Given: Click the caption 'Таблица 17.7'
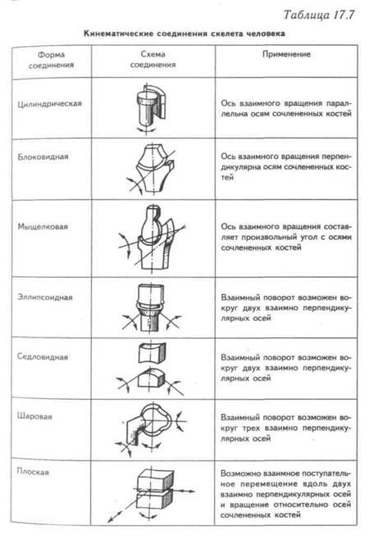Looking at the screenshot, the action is pos(318,15).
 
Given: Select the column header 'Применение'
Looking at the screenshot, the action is pos(286,54).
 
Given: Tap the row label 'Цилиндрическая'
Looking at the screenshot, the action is pos(49,104).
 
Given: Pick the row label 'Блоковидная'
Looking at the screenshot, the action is pos(43,156).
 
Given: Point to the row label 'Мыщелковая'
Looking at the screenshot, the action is pos(43,227).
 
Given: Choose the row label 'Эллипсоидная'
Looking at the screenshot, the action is pos(45,297).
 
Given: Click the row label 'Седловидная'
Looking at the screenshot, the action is pos(43,357).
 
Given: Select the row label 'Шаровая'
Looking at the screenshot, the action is pos(34,417).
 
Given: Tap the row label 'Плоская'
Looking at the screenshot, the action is pos(33,472).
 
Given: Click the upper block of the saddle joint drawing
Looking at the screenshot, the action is pos(152,352).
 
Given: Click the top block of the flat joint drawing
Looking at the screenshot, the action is pos(155,478).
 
